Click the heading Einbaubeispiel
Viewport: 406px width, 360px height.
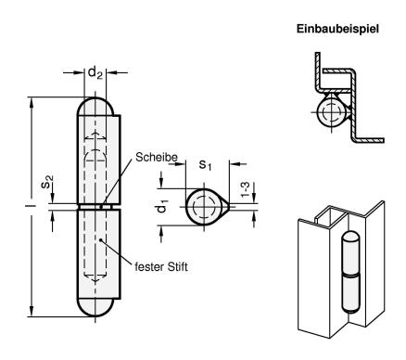point(337,29)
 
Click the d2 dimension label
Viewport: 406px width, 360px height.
point(95,73)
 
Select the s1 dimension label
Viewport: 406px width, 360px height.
point(206,164)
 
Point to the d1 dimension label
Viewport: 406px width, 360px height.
point(162,206)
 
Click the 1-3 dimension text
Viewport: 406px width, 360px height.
point(245,189)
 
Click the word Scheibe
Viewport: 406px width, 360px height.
point(157,157)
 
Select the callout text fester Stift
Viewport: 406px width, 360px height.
point(161,266)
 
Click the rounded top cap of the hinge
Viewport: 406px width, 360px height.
point(95,107)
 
